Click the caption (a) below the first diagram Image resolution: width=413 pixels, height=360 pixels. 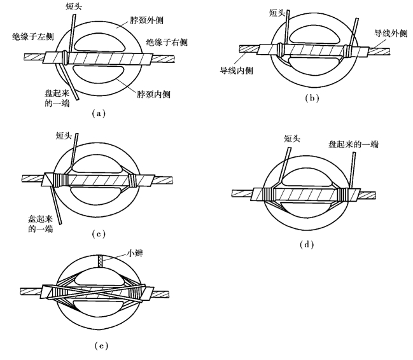96,113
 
